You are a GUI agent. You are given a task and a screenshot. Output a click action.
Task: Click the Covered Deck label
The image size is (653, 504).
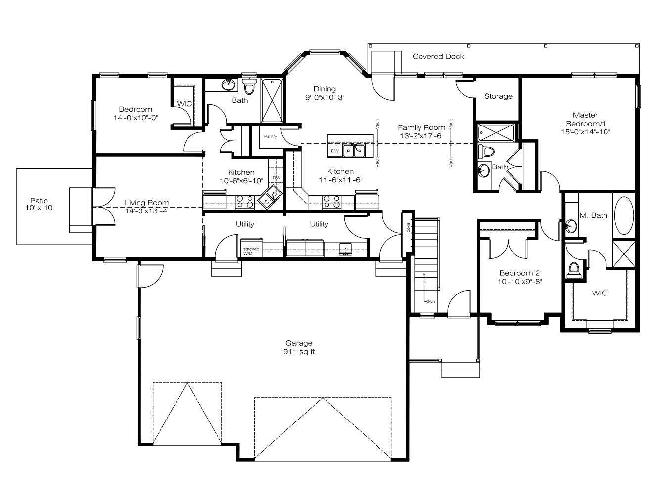pos(438,56)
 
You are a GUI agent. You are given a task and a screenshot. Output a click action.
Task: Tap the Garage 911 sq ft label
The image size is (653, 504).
pos(299,347)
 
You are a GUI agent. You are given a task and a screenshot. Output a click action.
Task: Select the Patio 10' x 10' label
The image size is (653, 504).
pos(39,204)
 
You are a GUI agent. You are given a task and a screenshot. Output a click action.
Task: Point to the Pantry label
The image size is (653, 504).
pos(270,136)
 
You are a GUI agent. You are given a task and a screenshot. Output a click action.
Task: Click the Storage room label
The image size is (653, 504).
pos(498,96)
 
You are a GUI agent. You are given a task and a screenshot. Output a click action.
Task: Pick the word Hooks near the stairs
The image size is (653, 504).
pos(408,229)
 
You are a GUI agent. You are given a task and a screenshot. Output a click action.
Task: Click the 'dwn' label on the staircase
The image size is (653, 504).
pos(430,301)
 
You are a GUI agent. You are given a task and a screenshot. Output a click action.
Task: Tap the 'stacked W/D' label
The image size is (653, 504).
pos(251,251)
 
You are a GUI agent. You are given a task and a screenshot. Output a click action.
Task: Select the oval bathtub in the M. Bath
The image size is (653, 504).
pos(624,215)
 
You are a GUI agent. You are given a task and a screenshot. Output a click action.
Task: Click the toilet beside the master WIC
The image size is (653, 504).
pos(574,270)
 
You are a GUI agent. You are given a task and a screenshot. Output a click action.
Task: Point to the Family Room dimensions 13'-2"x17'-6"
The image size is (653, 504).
pos(421,136)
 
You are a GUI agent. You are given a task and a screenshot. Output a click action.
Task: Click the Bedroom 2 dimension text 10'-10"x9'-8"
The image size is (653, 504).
pos(519,282)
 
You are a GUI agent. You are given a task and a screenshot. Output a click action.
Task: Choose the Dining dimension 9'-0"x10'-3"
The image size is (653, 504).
pos(325,97)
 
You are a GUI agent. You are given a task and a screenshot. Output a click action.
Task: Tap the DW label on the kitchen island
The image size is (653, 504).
pos(335,151)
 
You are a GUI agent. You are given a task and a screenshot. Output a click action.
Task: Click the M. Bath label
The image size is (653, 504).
pos(593,215)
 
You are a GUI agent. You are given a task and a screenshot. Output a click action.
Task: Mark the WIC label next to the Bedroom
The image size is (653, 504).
pos(184,104)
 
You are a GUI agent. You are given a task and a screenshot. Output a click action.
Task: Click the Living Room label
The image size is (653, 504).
pos(147,203)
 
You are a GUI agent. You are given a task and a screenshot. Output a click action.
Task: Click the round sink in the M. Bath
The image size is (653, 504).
pos(571,226)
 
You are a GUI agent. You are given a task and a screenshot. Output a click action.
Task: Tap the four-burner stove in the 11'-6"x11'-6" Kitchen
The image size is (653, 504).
pos(331,202)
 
